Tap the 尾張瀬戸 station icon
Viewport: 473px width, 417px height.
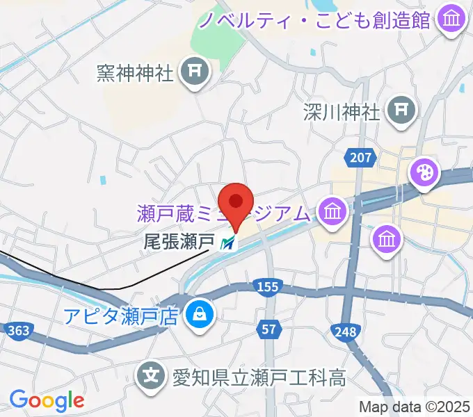227,243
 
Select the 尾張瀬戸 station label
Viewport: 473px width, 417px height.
177,243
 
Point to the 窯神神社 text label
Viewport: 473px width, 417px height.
136,73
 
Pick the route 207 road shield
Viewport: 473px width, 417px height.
360,158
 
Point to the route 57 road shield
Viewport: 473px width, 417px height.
268,327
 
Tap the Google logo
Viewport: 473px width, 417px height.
47,401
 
